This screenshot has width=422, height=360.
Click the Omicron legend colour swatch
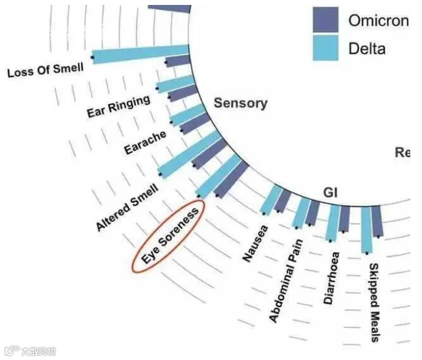coord(325,20)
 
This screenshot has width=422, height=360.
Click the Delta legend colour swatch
coord(325,48)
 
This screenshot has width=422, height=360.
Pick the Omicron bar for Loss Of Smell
coord(178,61)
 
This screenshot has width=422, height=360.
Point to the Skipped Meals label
coord(374,301)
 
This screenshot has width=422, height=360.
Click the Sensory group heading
coord(240,103)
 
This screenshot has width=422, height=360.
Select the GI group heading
coord(331,193)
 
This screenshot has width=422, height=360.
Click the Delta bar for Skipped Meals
coord(366,229)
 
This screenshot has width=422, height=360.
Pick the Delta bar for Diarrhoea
coord(333,223)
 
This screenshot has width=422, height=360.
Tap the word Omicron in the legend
coord(378,20)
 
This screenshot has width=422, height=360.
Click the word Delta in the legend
coord(367,48)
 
